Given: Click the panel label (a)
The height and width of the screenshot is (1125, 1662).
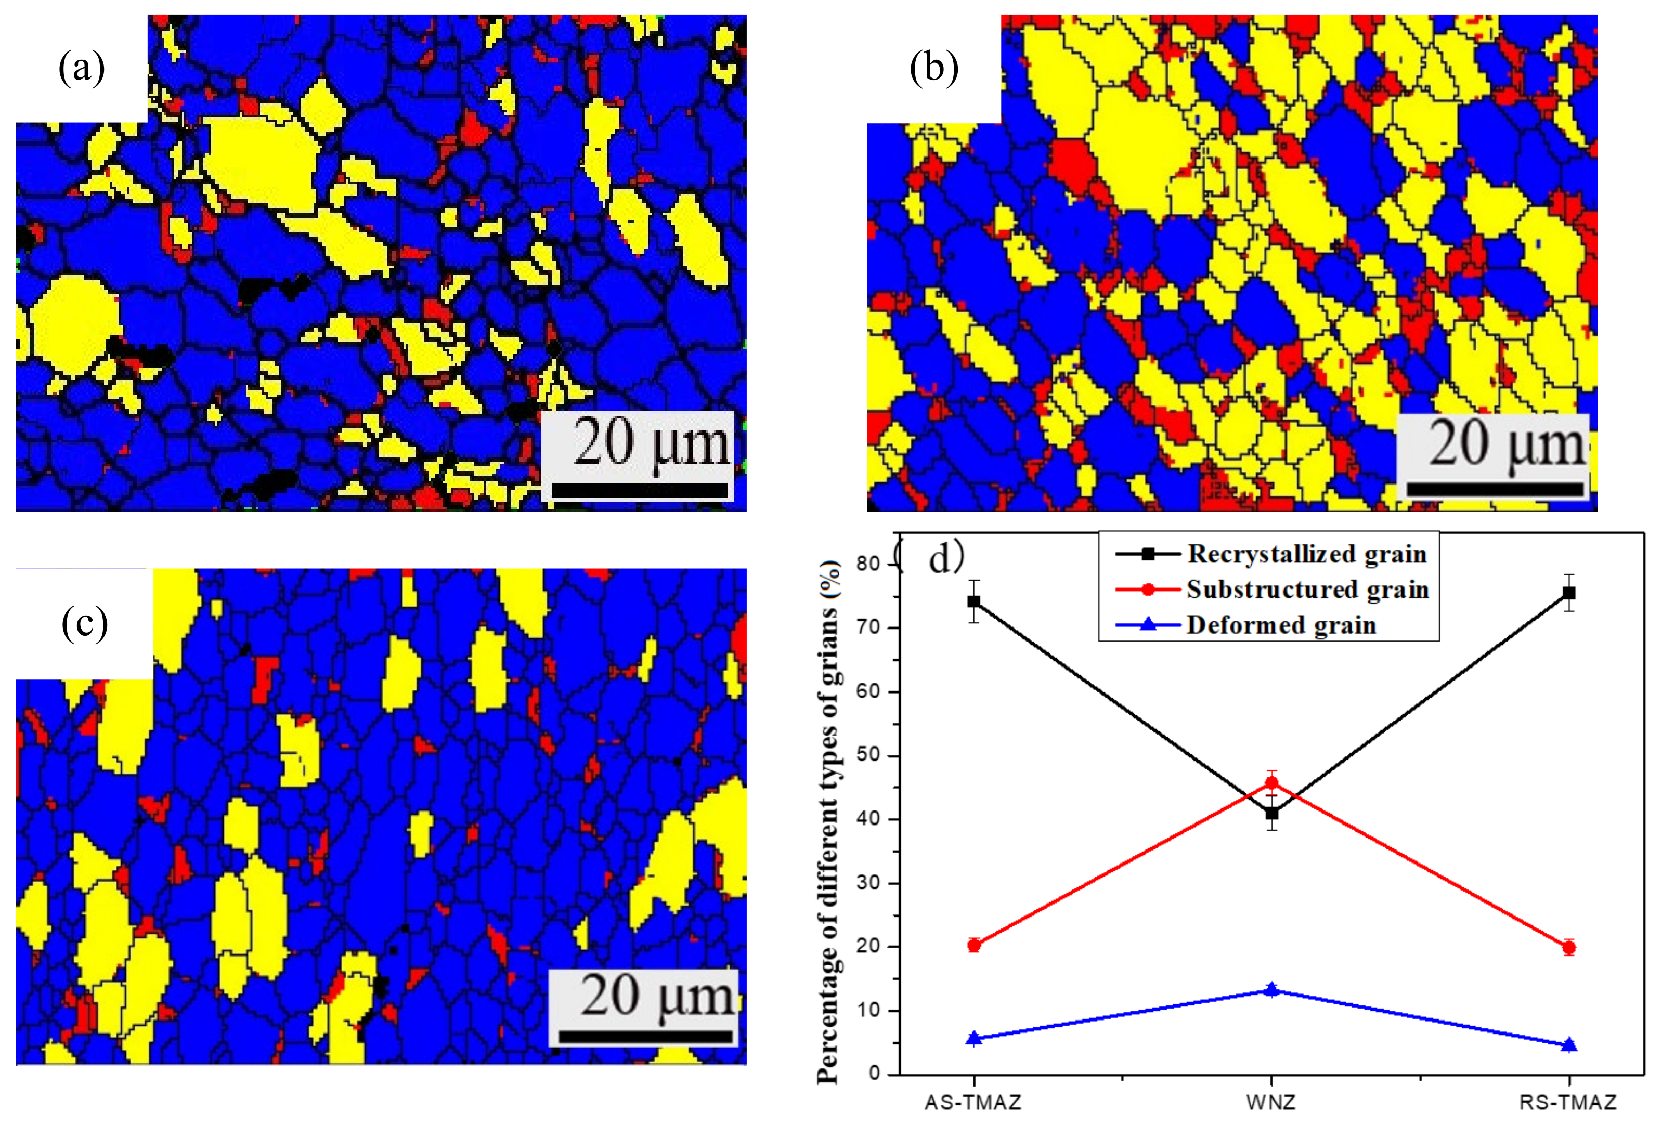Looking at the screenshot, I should [82, 69].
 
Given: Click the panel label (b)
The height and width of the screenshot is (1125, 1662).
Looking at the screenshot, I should [933, 69].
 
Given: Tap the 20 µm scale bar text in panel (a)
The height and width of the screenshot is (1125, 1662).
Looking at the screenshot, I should [650, 443].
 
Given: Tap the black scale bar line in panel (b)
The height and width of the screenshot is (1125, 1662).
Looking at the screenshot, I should [1495, 489].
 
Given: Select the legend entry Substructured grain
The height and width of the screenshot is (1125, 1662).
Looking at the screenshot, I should [1307, 590].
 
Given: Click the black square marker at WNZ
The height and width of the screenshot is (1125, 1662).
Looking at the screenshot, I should [1271, 814].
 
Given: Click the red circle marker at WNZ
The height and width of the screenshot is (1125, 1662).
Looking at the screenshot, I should [1271, 782].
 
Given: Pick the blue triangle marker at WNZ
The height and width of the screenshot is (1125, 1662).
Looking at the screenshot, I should [1271, 989].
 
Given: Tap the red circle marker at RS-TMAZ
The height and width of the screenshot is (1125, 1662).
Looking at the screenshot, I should [1569, 948].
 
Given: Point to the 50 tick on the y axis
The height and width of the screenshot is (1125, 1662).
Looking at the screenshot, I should [869, 755].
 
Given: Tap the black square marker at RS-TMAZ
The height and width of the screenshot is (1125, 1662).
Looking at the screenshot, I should [1569, 593].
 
